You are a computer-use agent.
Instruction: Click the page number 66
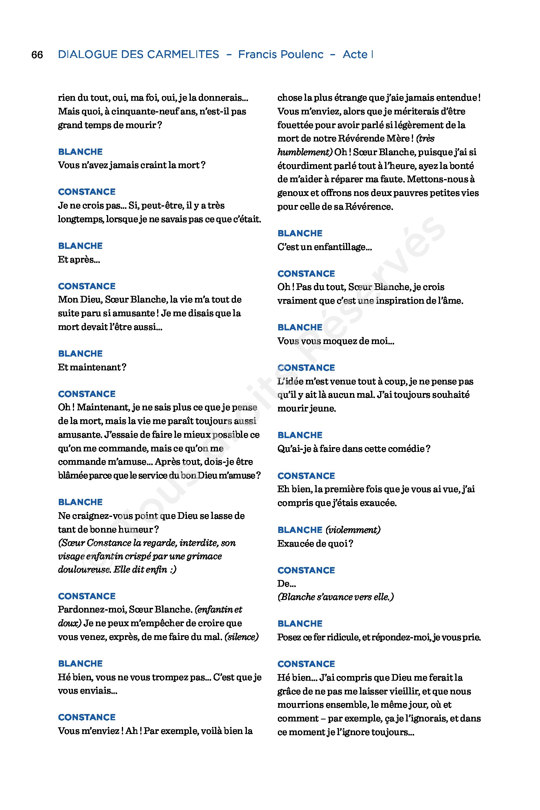click(x=37, y=54)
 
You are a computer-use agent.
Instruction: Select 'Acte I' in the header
click(x=357, y=54)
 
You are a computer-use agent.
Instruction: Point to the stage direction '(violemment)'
click(x=353, y=530)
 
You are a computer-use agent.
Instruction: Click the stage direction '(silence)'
click(x=241, y=637)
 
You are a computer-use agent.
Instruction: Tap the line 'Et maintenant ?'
click(x=92, y=367)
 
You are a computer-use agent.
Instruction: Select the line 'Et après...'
click(x=79, y=259)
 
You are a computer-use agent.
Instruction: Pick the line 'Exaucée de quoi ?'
click(x=315, y=544)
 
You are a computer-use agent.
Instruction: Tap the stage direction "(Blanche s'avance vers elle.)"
click(x=335, y=597)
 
